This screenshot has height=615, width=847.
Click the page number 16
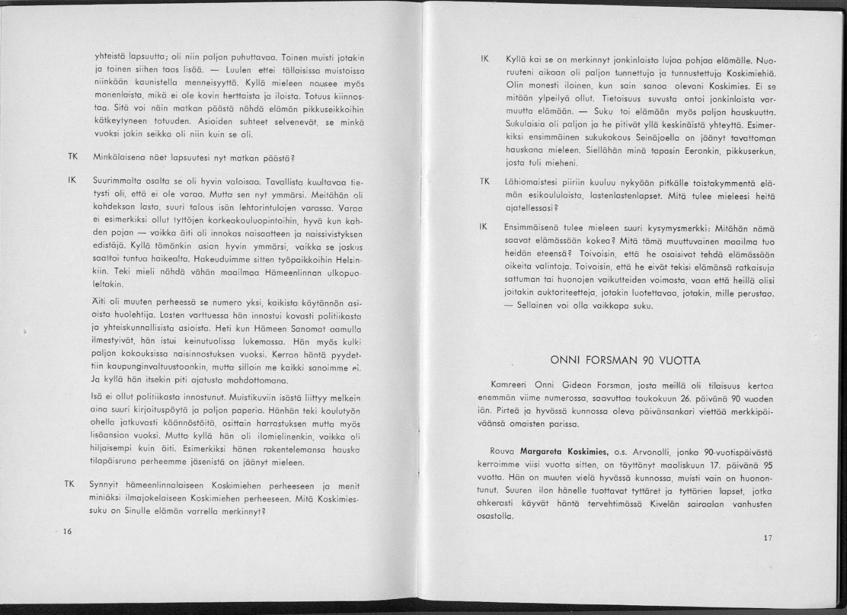click(x=67, y=531)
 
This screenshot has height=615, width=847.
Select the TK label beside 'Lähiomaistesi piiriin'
click(x=485, y=182)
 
